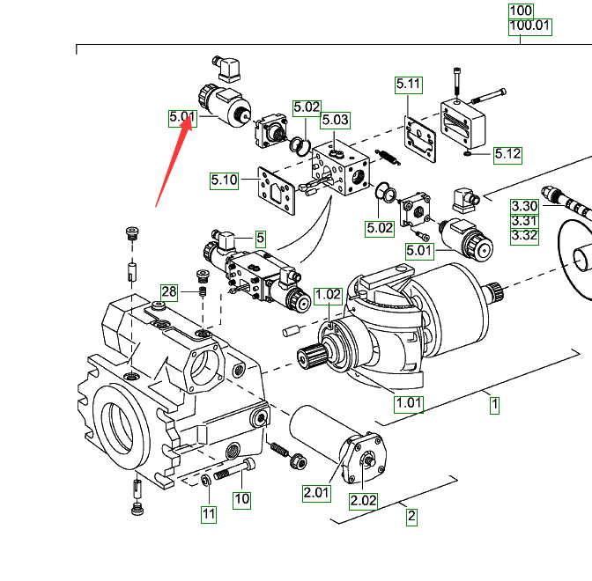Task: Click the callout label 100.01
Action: (529, 27)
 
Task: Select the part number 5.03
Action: (335, 120)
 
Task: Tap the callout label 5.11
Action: (409, 85)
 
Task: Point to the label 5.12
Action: (507, 154)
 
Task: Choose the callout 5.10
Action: (224, 181)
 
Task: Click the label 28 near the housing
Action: (168, 291)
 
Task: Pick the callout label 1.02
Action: (328, 294)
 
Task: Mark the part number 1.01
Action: (408, 405)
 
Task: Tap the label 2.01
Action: (316, 493)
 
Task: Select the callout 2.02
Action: (363, 501)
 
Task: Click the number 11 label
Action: (208, 514)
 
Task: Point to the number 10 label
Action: (241, 499)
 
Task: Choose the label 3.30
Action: (524, 206)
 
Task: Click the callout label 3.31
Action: (524, 220)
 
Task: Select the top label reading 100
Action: (521, 11)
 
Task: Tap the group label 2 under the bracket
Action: (411, 517)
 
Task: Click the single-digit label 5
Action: (260, 238)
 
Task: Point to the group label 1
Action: (495, 405)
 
